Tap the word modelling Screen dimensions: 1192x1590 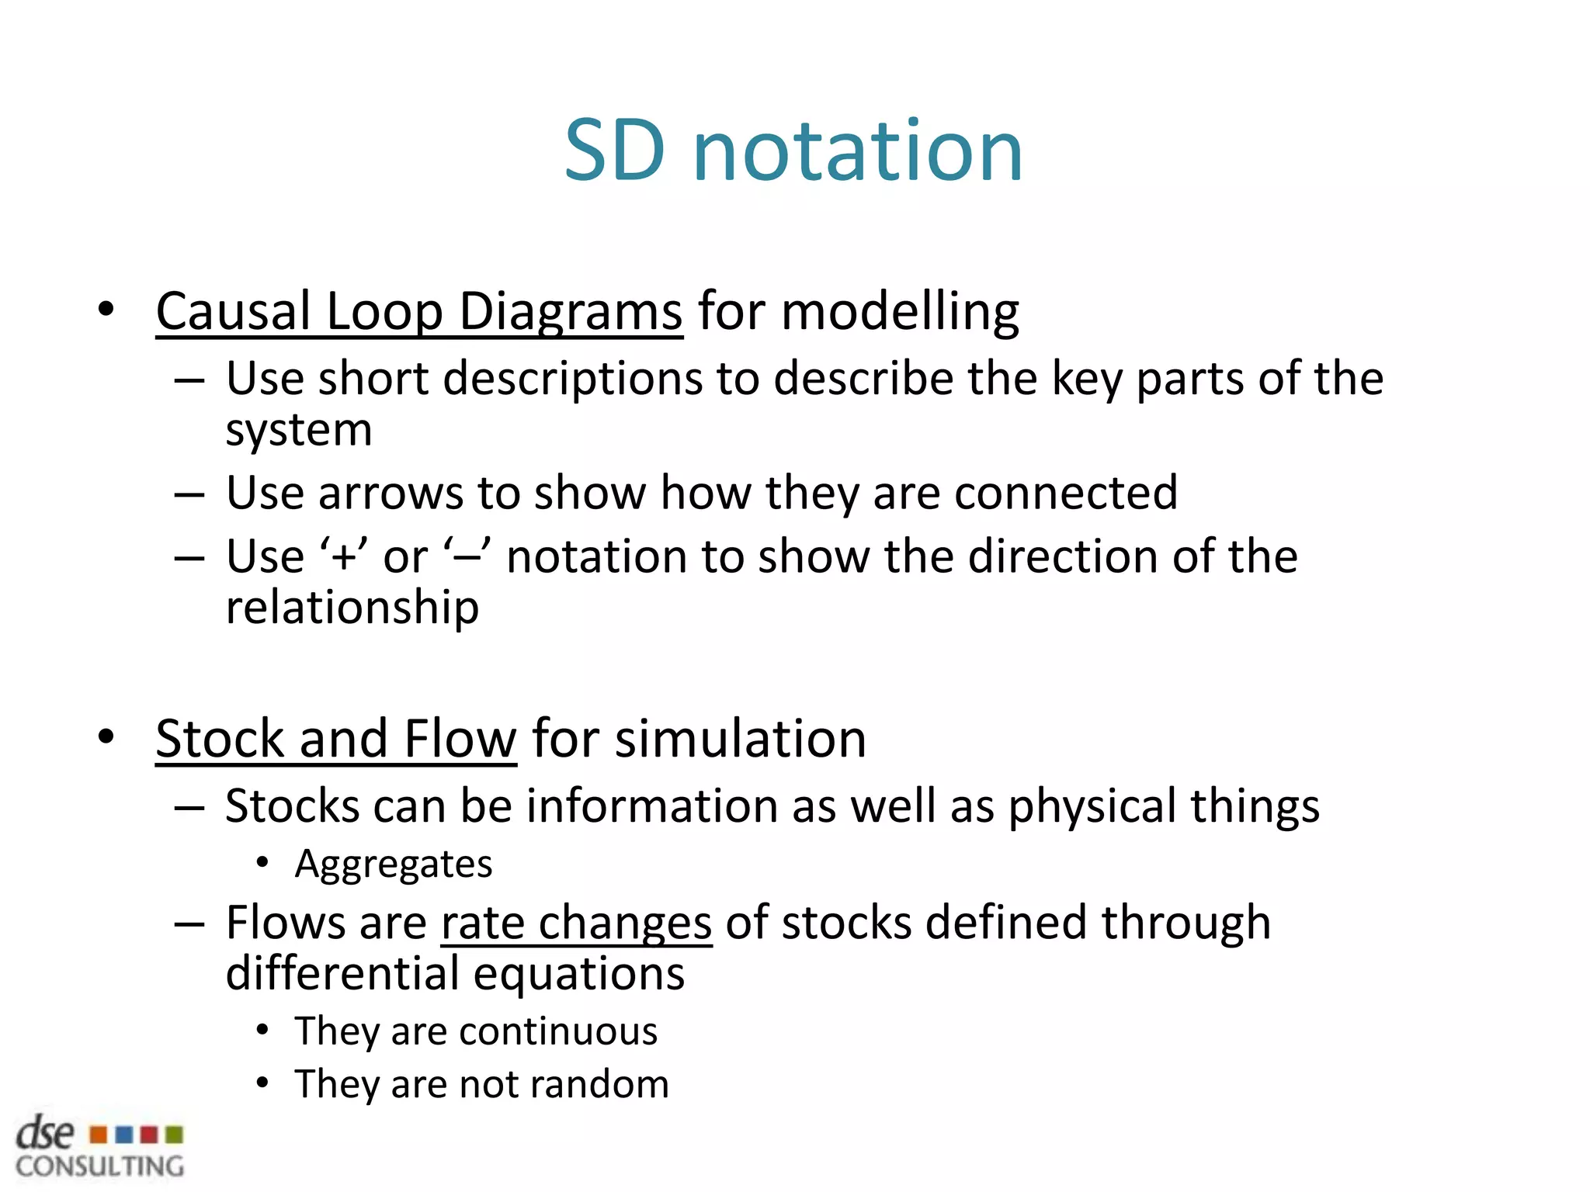(900, 312)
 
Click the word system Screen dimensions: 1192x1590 (299, 430)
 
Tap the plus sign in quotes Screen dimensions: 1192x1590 (342, 558)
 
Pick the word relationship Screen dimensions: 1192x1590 (352, 608)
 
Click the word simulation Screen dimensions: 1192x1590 (741, 739)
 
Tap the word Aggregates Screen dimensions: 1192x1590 (394, 865)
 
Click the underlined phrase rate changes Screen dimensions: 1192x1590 (576, 923)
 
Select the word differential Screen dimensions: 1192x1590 (342, 975)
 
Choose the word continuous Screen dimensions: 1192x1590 (558, 1032)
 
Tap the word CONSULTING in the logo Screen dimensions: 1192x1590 (100, 1166)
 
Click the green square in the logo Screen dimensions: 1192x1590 (175, 1135)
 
